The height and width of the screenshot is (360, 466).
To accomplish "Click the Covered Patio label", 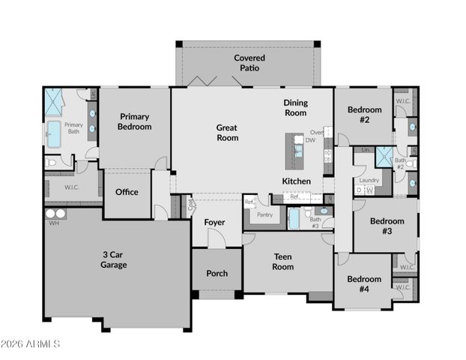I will (x=249, y=62).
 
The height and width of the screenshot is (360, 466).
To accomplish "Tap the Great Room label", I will (x=227, y=133).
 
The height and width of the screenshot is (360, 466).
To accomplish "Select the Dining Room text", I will (x=295, y=107).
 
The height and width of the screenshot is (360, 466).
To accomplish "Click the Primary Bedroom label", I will (x=135, y=121).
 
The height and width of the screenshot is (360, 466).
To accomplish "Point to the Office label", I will (x=127, y=192).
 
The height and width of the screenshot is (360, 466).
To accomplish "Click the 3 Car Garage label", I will (x=114, y=259).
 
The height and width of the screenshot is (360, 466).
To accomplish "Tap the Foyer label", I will (x=214, y=222).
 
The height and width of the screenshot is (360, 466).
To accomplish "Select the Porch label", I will (x=217, y=274).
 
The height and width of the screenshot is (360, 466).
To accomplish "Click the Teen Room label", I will (x=282, y=262).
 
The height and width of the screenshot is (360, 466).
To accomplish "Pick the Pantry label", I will (x=264, y=215).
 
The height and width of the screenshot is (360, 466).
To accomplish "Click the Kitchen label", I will (x=296, y=181).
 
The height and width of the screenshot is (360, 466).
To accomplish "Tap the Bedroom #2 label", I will (x=364, y=114).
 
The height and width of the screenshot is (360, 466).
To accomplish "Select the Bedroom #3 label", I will (x=387, y=226).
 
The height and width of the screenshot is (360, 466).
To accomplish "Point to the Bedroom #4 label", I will (x=363, y=283).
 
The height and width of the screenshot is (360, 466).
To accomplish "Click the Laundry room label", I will (x=369, y=181).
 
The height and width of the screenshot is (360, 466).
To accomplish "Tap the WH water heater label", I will (x=52, y=223).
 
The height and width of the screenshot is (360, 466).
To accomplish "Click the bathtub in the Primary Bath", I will (x=54, y=134).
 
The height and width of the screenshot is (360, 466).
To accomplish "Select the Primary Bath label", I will (x=73, y=128).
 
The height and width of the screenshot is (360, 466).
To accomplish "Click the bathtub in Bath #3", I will (x=294, y=217).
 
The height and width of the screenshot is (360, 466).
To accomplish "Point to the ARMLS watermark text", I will (x=31, y=344).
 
